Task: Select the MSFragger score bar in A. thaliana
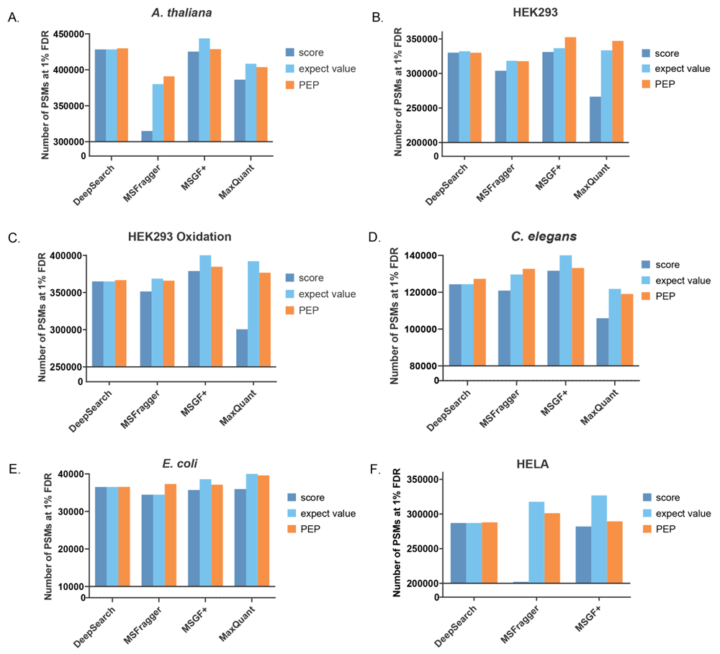pos(147,136)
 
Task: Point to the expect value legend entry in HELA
pos(675,514)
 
